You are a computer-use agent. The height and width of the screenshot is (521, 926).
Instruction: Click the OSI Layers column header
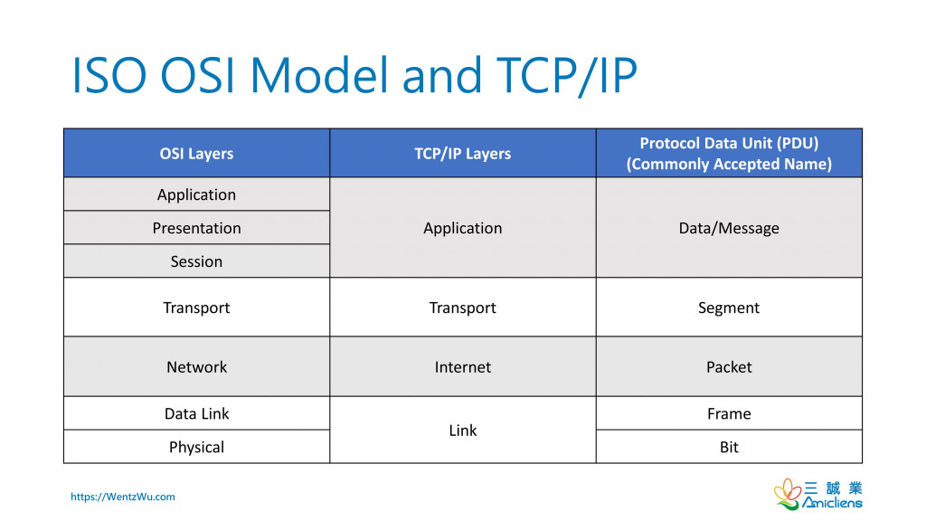196,153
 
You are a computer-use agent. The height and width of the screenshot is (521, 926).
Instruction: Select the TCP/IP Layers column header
462,153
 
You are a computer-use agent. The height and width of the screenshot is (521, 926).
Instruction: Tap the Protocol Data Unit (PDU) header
729,153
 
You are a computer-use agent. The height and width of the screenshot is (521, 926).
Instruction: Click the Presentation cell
196,228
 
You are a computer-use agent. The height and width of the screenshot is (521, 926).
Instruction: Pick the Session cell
196,261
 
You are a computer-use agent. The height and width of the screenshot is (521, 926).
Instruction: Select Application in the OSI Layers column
196,194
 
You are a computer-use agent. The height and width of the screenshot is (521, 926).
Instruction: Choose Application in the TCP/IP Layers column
462,228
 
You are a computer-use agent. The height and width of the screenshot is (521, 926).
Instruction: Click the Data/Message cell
729,228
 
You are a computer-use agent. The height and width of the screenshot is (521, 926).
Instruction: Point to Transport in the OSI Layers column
196,308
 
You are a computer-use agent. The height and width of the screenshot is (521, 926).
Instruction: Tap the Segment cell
729,308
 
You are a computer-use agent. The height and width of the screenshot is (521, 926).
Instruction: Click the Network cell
196,367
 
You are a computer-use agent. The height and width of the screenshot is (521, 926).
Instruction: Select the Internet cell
462,367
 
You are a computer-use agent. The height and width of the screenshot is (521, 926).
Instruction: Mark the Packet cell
729,367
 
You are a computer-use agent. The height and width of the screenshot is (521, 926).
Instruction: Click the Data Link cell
196,413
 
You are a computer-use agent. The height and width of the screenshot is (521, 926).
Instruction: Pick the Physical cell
196,447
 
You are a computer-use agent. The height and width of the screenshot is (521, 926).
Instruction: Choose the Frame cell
729,413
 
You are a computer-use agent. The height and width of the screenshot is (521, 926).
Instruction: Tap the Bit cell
729,447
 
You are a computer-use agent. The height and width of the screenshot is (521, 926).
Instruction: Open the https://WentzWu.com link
123,497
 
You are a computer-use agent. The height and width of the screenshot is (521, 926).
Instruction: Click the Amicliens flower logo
788,494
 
